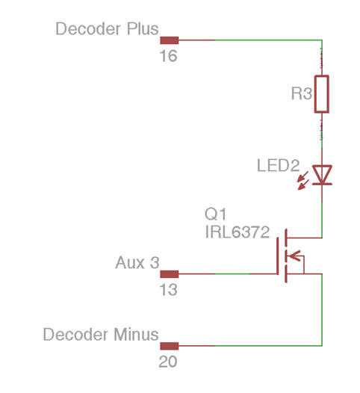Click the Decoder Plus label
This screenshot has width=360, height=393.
click(x=107, y=29)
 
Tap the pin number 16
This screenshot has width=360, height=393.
click(x=168, y=56)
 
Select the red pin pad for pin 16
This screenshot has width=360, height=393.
click(x=170, y=40)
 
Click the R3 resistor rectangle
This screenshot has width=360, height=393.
click(x=322, y=94)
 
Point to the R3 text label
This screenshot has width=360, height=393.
click(x=302, y=93)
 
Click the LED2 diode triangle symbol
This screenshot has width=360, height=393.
click(x=322, y=174)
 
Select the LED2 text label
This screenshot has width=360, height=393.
click(x=279, y=165)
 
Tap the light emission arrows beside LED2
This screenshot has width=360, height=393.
click(x=302, y=181)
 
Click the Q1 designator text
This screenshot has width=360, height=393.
click(x=215, y=214)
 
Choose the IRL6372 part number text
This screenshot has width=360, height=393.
click(x=238, y=232)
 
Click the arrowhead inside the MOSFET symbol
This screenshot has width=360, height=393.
click(x=294, y=256)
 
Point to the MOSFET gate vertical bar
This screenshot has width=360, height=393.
click(x=278, y=256)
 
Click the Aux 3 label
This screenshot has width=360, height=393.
click(x=137, y=263)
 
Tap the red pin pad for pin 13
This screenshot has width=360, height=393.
click(x=170, y=274)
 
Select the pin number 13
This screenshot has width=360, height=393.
click(x=168, y=290)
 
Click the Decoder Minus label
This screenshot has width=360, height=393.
click(x=101, y=335)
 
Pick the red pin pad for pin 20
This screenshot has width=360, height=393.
click(x=170, y=346)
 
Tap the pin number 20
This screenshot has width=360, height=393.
click(x=168, y=362)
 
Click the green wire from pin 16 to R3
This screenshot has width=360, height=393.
click(x=268, y=40)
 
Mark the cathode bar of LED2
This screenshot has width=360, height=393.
click(x=322, y=184)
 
